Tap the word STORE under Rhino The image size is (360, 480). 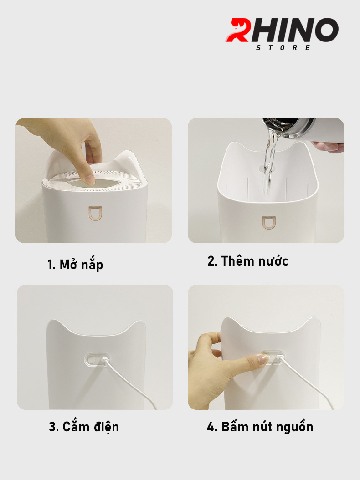point(283,48)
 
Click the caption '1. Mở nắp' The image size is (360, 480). point(75,265)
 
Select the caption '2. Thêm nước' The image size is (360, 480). point(248,261)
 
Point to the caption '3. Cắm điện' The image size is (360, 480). point(84,427)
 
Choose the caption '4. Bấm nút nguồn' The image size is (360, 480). point(260,427)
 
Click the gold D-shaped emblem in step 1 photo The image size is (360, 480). point(95,213)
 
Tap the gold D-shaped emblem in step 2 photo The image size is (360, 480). point(269,223)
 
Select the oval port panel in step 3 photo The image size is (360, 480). point(97,359)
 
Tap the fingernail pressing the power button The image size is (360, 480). point(263,359)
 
